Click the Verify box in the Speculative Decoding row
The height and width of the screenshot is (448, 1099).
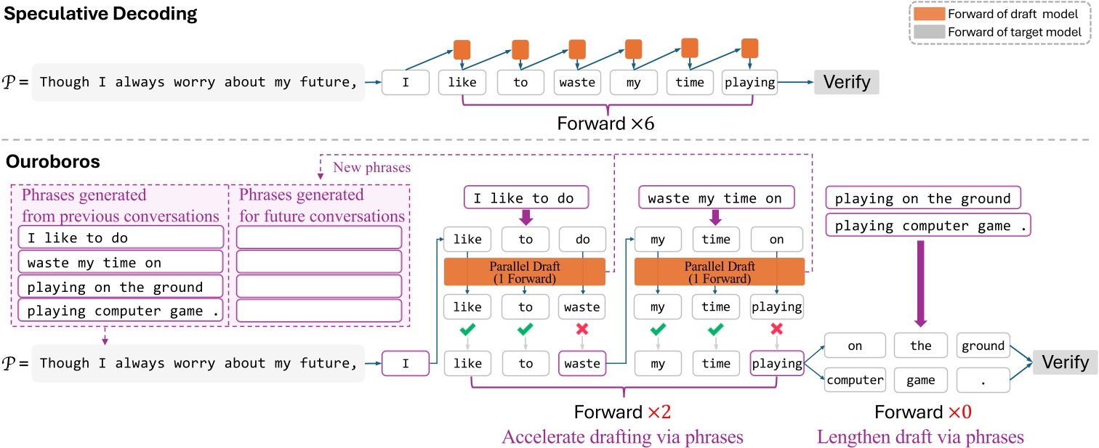[x=846, y=82]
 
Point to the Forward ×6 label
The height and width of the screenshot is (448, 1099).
[x=605, y=123]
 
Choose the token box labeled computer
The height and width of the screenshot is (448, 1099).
[x=855, y=379]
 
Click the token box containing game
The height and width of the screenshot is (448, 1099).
[x=919, y=379]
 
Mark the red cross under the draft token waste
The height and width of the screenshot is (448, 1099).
[x=581, y=330]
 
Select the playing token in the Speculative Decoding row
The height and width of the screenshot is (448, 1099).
[x=749, y=82]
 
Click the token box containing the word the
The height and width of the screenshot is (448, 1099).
[x=920, y=346]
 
